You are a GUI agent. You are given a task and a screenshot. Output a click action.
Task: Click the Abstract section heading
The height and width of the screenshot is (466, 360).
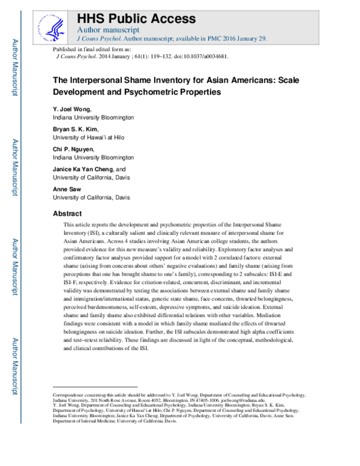pyautogui.click(x=68, y=213)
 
